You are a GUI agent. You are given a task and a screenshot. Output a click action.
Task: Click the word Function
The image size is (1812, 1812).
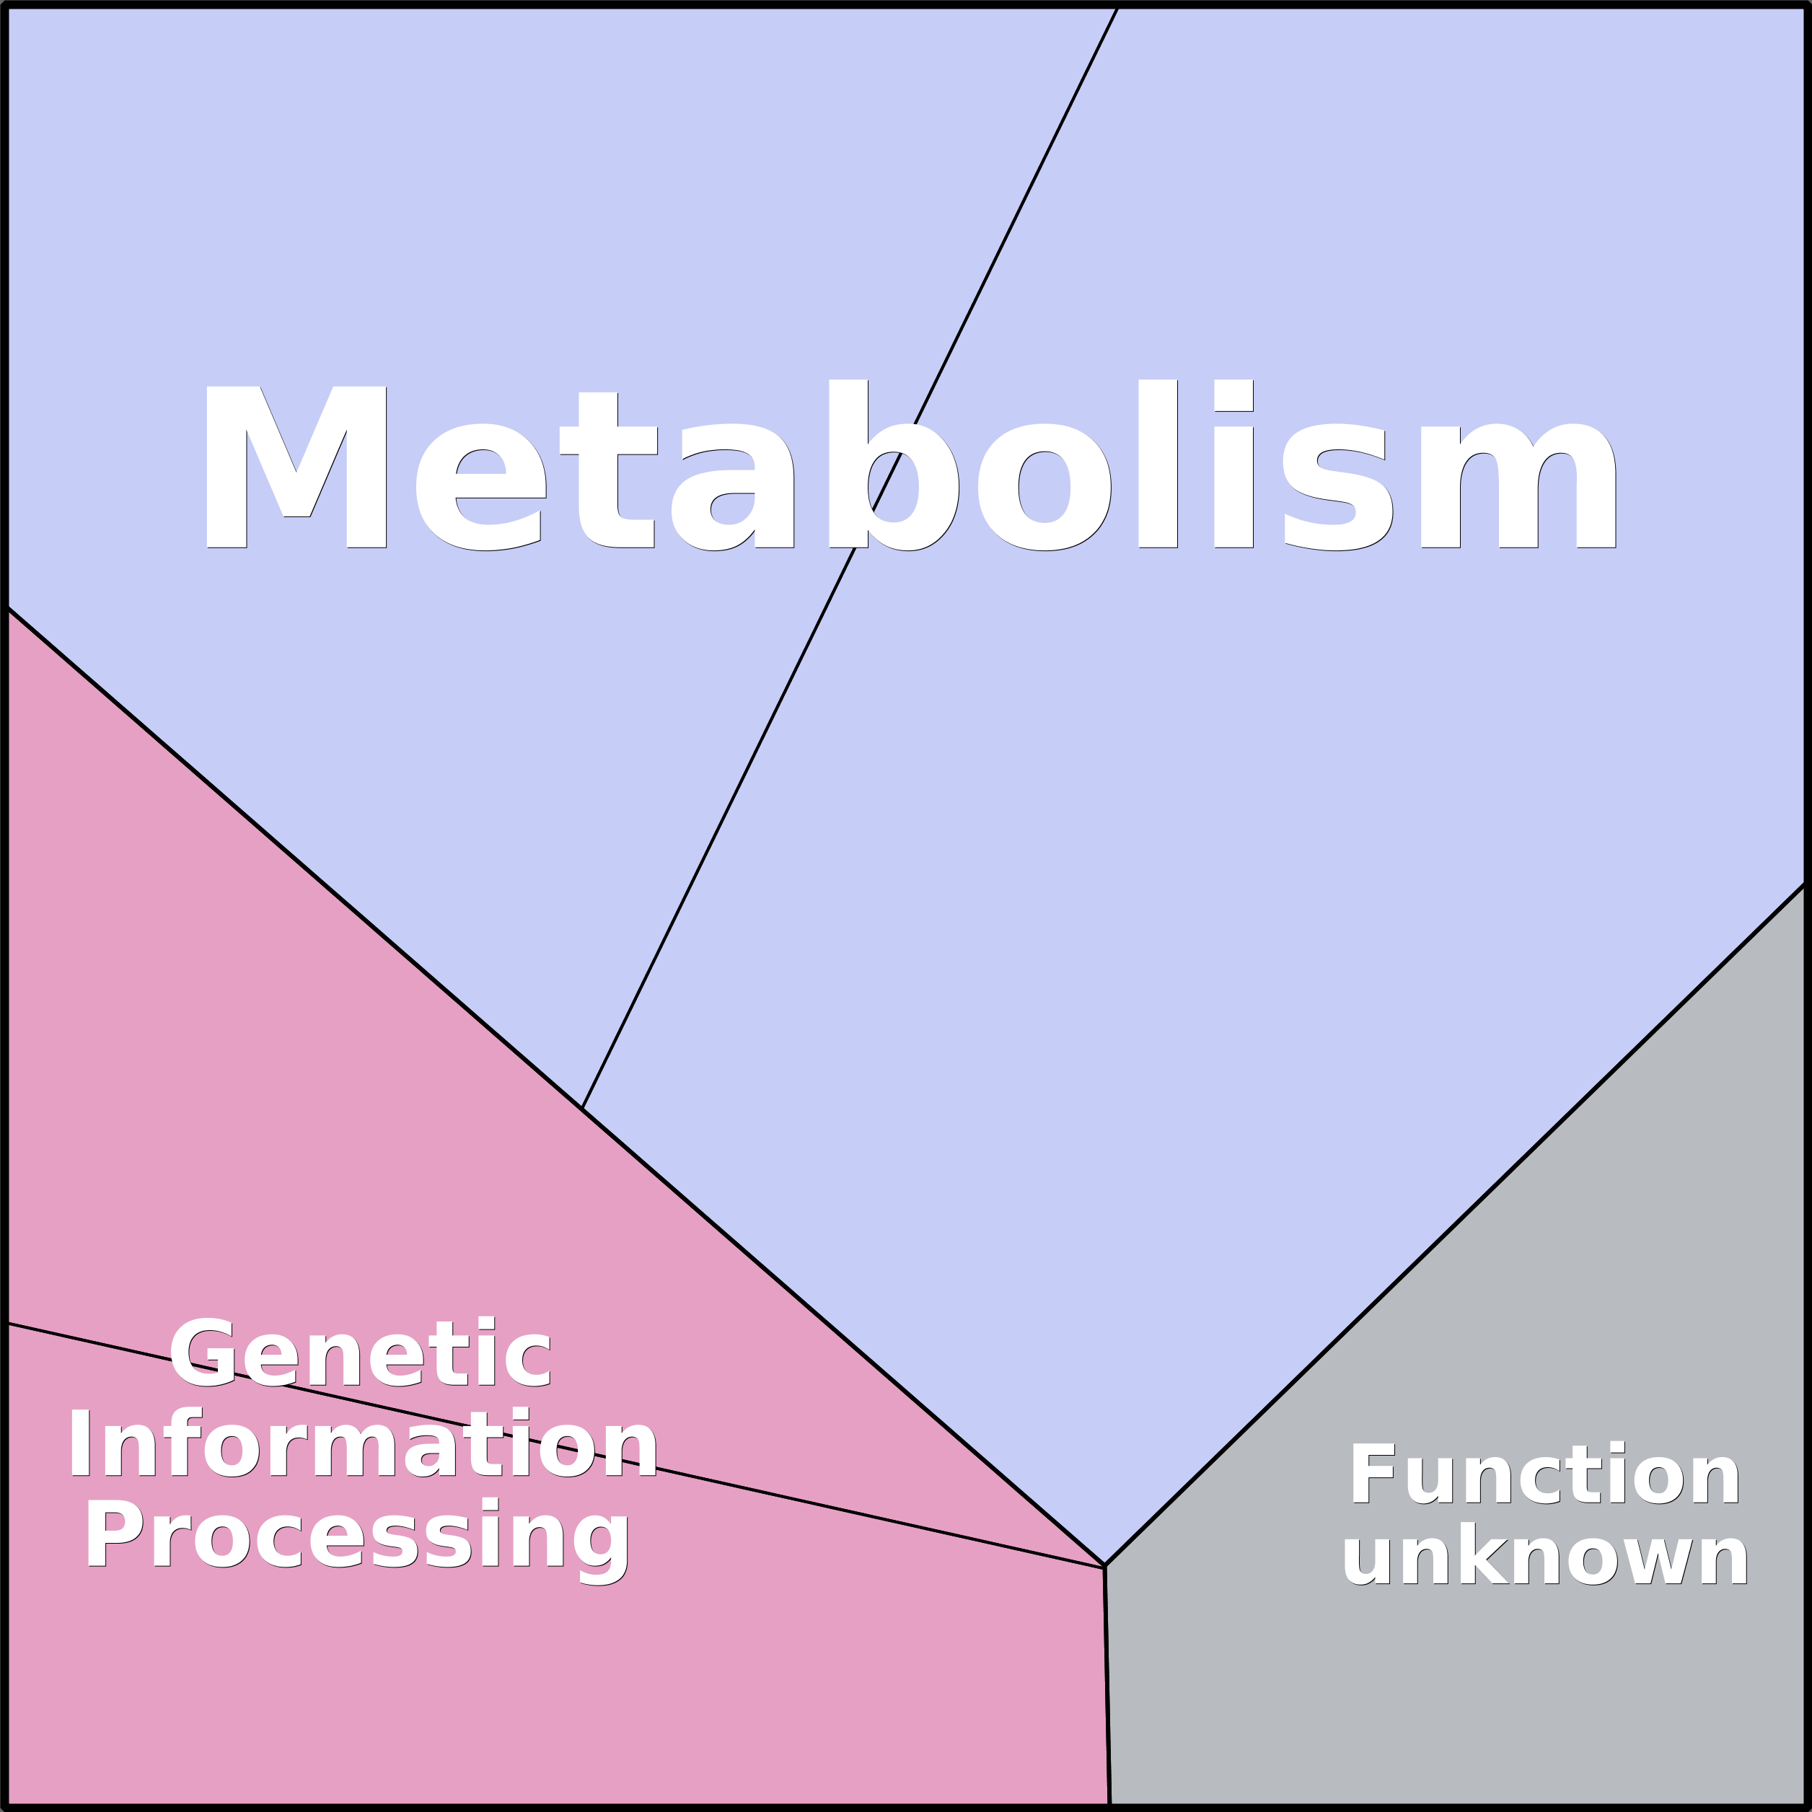(1544, 1474)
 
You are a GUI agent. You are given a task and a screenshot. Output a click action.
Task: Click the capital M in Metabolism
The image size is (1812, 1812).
(296, 467)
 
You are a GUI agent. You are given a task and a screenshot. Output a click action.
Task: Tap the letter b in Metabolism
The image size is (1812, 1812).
(893, 465)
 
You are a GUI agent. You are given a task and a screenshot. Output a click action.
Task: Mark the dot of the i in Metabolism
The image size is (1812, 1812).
(1233, 395)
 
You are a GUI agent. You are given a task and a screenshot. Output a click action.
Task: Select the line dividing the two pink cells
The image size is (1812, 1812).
(555, 1446)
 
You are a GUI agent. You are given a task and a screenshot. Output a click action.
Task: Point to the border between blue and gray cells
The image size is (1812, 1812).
(1456, 1224)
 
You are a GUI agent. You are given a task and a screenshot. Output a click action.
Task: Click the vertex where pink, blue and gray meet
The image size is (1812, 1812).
(1105, 1566)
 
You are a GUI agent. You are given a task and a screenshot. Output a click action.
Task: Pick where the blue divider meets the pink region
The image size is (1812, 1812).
(581, 1109)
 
